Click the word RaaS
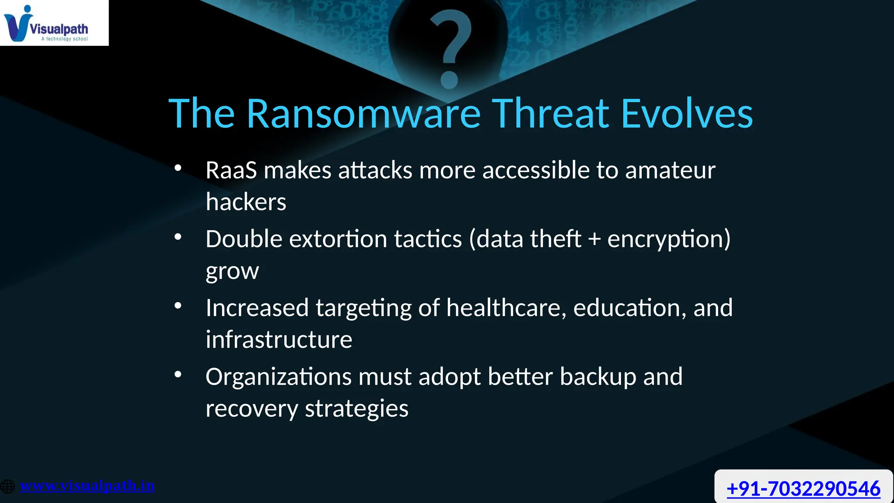coord(231,170)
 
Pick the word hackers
coord(246,202)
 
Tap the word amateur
coord(670,170)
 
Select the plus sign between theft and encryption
coord(594,240)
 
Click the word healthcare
coord(506,307)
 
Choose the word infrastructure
coord(279,340)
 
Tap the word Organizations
coord(278,376)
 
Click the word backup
coord(598,376)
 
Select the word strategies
coord(356,409)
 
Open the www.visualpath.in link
coord(87,486)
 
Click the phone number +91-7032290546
coord(803,488)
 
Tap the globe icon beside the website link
coord(7,486)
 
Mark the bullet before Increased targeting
coord(178,306)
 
